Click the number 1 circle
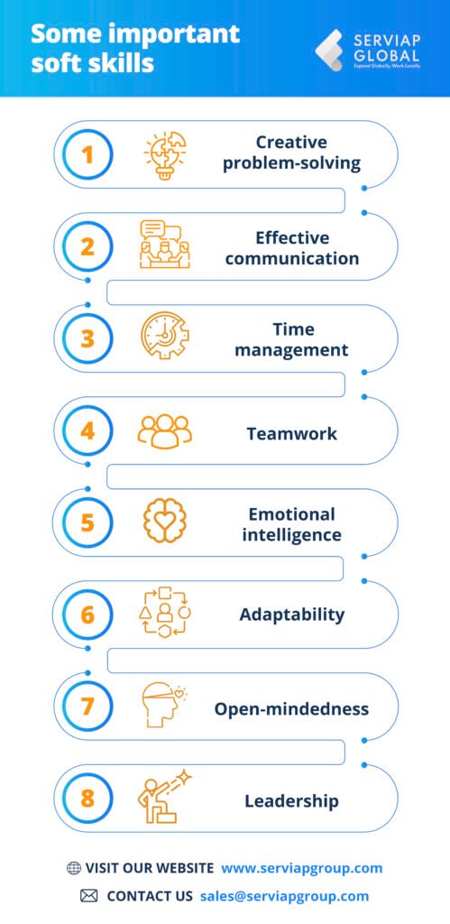[x=87, y=153]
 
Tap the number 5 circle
[x=87, y=523]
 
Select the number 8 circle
[x=87, y=799]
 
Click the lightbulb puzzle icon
[x=165, y=153]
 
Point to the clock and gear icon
[x=165, y=337]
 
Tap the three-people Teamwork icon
[x=165, y=432]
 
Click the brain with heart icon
[x=165, y=522]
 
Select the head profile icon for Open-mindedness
[x=163, y=706]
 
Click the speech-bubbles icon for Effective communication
[x=164, y=245]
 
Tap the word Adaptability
[x=292, y=615]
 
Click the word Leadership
[x=291, y=801]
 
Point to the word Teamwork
[x=291, y=434]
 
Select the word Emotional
[x=291, y=514]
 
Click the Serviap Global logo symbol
[x=329, y=51]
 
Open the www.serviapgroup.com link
[x=302, y=868]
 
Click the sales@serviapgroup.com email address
[x=284, y=896]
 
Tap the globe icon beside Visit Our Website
[x=74, y=868]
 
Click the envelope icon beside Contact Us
[x=88, y=896]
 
